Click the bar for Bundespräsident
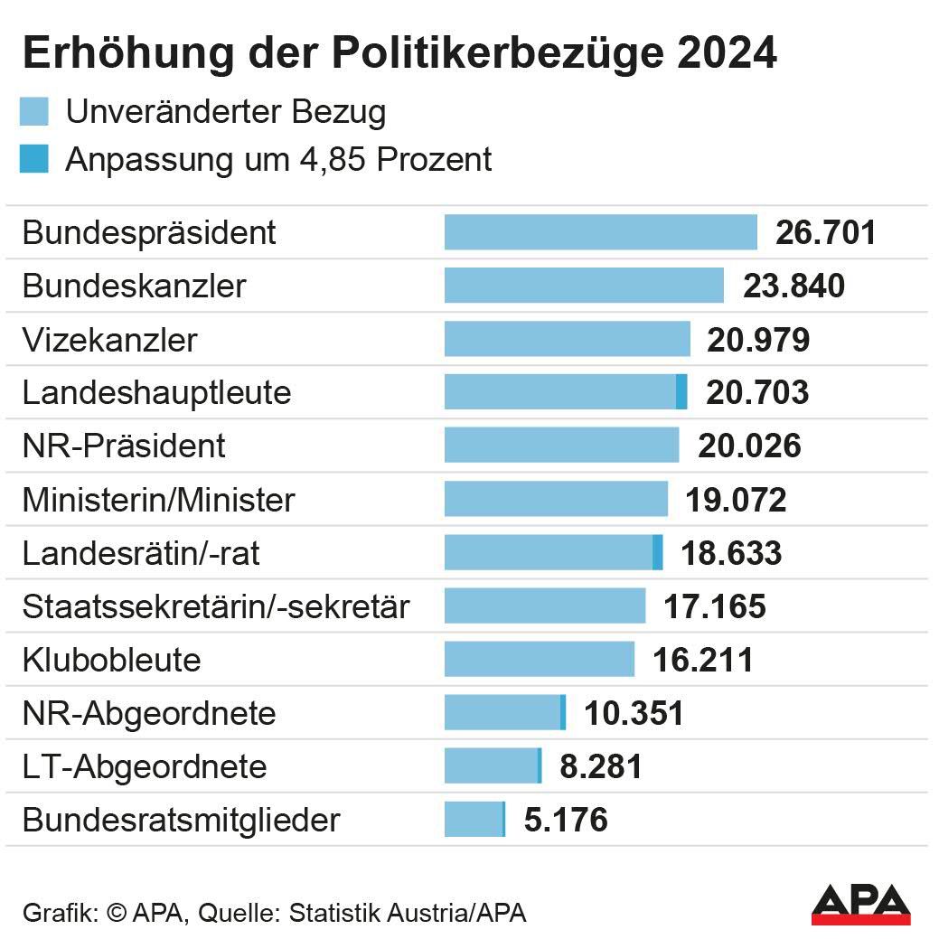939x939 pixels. click(x=600, y=232)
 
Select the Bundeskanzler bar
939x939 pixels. click(x=584, y=286)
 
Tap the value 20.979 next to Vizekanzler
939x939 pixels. click(x=758, y=340)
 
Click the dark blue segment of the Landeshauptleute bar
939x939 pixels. click(x=681, y=392)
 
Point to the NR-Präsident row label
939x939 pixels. click(x=124, y=446)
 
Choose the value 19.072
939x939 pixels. click(x=736, y=500)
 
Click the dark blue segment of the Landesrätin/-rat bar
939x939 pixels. click(x=657, y=552)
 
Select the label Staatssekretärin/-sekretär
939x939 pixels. click(x=216, y=606)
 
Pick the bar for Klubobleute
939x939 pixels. click(x=540, y=659)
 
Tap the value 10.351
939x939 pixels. click(x=634, y=713)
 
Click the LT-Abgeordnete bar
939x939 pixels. click(x=493, y=766)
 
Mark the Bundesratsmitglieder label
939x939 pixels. click(x=181, y=821)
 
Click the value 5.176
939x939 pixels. click(x=566, y=821)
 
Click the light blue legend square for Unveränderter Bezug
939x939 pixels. click(x=33, y=112)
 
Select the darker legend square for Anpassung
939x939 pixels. click(x=33, y=159)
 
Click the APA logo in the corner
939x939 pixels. click(x=859, y=904)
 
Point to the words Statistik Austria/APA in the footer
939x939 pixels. click(x=407, y=912)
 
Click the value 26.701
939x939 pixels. click(x=826, y=232)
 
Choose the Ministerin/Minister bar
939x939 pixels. click(x=556, y=499)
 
